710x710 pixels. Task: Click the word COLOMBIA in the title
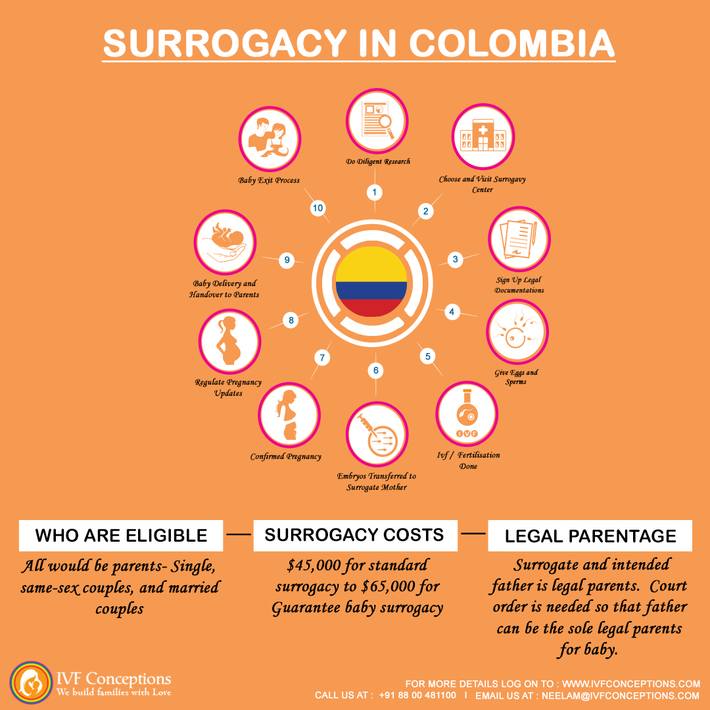pyautogui.click(x=511, y=44)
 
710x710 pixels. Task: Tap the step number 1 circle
pyautogui.click(x=374, y=193)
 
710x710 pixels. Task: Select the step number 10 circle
pyautogui.click(x=318, y=208)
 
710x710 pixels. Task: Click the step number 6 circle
pyautogui.click(x=376, y=370)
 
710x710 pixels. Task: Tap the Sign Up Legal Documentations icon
pyautogui.click(x=519, y=240)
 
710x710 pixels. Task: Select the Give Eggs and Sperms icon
pyautogui.click(x=517, y=331)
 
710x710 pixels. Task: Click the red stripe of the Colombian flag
pyautogui.click(x=371, y=308)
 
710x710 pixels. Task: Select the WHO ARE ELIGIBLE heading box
pyautogui.click(x=122, y=534)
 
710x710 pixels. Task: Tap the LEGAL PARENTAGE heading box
pyautogui.click(x=590, y=536)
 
